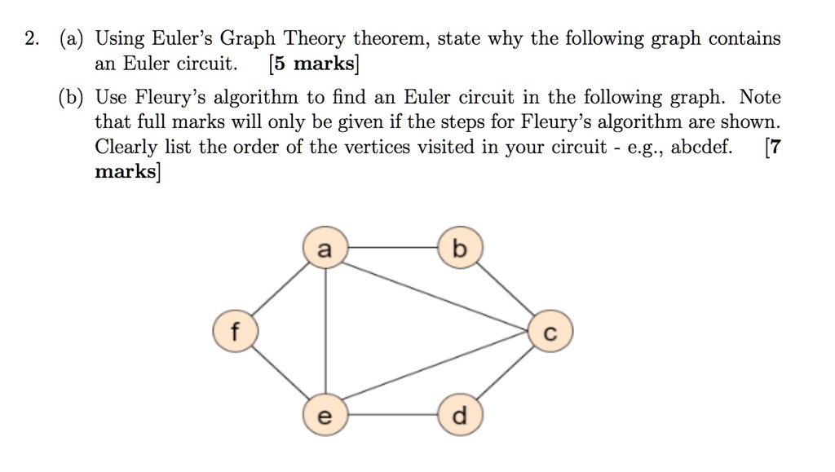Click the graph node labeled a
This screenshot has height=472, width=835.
(325, 248)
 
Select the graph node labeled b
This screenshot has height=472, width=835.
(461, 248)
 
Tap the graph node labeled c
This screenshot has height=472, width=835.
(550, 332)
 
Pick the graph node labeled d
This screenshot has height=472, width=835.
(461, 415)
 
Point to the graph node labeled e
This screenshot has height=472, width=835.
(325, 415)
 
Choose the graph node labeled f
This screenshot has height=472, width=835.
(236, 332)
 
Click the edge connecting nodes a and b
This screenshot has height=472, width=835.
(393, 248)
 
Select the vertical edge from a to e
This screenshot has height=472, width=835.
(325, 331)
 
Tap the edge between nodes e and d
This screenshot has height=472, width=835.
(393, 415)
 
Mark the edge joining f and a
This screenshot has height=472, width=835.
(281, 289)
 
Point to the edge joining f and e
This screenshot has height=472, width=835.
(281, 373)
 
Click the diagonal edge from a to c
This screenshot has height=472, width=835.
(435, 297)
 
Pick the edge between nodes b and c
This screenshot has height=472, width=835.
(506, 289)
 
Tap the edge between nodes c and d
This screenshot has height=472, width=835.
(506, 373)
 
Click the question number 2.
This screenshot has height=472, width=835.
(32, 39)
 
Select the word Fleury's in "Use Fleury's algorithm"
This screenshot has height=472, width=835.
(170, 97)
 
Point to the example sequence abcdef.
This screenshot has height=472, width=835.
(701, 147)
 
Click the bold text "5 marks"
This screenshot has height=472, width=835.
(314, 64)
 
